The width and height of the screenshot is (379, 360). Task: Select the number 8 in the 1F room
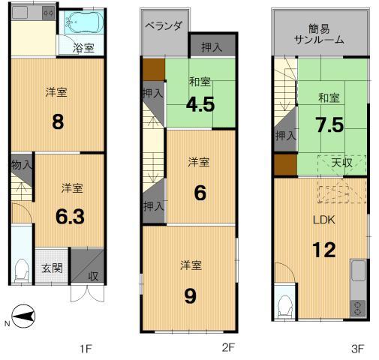(57, 121)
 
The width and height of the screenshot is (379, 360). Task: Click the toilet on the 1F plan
(22, 268)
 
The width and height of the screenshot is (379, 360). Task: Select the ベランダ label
(163, 25)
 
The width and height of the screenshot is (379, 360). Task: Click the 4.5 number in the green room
(201, 103)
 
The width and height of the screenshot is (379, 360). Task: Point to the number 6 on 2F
(200, 193)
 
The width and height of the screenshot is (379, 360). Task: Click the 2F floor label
(228, 348)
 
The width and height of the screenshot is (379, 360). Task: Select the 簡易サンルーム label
(319, 33)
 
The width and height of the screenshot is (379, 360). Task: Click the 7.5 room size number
(330, 124)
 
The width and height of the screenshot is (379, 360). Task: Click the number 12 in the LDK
(324, 249)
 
